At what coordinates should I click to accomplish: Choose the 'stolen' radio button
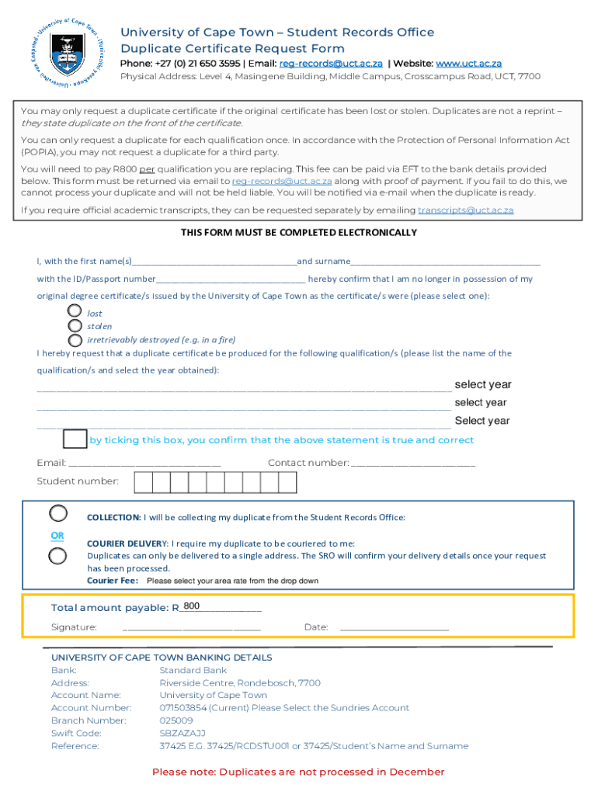(x=75, y=326)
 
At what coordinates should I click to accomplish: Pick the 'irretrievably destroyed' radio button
(x=75, y=340)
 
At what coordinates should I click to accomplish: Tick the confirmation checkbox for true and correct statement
(x=75, y=439)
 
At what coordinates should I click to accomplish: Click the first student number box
(x=143, y=482)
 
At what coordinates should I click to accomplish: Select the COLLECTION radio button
(x=58, y=513)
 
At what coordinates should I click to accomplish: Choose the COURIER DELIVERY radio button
(x=58, y=555)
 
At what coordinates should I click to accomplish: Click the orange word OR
(x=58, y=536)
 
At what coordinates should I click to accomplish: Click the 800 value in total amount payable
(x=191, y=606)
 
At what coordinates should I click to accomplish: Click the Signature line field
(x=191, y=627)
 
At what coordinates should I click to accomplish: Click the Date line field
(x=394, y=627)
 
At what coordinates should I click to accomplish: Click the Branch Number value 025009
(x=176, y=720)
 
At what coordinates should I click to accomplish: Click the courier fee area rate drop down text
(x=232, y=581)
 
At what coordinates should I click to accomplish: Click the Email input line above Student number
(x=144, y=463)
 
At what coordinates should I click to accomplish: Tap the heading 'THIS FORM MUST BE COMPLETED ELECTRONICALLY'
(x=299, y=233)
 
